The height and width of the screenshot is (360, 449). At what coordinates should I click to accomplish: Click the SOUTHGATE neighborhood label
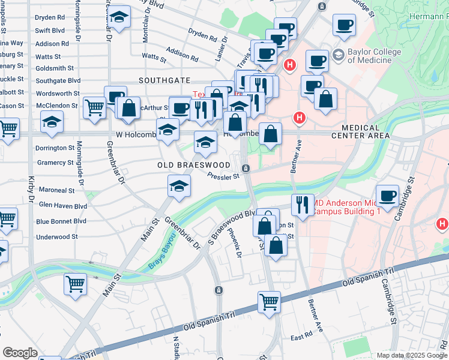point(164,80)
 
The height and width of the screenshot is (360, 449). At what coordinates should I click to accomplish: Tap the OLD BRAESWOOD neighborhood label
point(194,164)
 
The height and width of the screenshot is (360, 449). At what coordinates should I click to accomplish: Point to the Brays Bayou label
point(164,251)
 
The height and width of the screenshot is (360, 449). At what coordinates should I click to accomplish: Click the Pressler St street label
point(223,176)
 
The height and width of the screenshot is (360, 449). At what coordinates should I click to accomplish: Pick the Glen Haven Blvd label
point(62,205)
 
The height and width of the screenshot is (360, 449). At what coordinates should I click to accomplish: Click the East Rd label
point(301,335)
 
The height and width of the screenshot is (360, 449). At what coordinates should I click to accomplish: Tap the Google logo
point(20,352)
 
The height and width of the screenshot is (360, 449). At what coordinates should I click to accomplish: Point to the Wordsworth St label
point(58,94)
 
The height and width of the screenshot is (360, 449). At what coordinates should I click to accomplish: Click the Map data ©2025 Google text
point(412,355)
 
